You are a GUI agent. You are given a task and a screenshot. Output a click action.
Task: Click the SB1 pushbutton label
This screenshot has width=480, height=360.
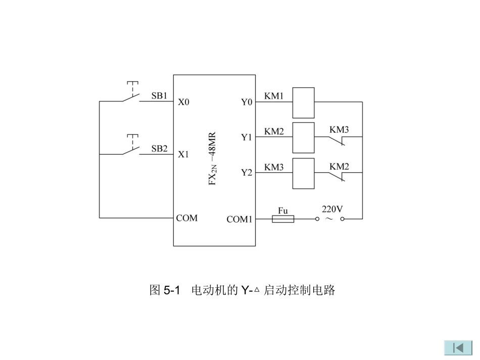(160, 95)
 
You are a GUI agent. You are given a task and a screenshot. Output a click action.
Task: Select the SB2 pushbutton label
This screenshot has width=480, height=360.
(160, 148)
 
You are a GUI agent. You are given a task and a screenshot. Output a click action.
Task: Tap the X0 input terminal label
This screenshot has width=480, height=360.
(183, 102)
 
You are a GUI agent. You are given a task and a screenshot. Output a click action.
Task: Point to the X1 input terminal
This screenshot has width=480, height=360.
(183, 155)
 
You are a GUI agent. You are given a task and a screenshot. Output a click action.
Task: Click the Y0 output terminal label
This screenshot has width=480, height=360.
(246, 102)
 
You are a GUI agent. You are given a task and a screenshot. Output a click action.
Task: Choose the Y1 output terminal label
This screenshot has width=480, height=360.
(246, 137)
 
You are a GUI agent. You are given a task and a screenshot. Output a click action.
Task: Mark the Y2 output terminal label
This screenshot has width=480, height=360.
(246, 173)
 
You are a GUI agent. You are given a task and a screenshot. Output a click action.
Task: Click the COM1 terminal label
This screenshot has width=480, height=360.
(239, 219)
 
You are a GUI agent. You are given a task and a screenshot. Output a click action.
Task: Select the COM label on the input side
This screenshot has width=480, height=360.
(187, 218)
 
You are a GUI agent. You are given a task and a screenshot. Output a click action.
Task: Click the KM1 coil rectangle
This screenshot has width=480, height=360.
(304, 102)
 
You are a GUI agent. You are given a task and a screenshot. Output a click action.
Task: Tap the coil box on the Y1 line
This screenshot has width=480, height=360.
(304, 137)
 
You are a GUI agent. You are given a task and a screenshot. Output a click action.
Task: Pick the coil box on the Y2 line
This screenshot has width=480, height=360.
(304, 173)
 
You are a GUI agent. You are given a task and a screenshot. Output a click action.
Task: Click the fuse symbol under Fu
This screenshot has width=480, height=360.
(283, 219)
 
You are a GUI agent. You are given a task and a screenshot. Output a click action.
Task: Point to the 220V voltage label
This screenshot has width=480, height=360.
(332, 208)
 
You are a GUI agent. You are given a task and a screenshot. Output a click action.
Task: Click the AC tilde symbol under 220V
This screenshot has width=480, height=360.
(329, 219)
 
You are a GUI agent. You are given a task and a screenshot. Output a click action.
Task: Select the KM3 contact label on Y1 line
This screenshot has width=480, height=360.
(339, 130)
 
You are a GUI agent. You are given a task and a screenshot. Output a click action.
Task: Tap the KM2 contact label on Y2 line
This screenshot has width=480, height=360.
(339, 166)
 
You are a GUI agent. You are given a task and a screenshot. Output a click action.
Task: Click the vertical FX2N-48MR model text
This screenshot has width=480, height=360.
(213, 160)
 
